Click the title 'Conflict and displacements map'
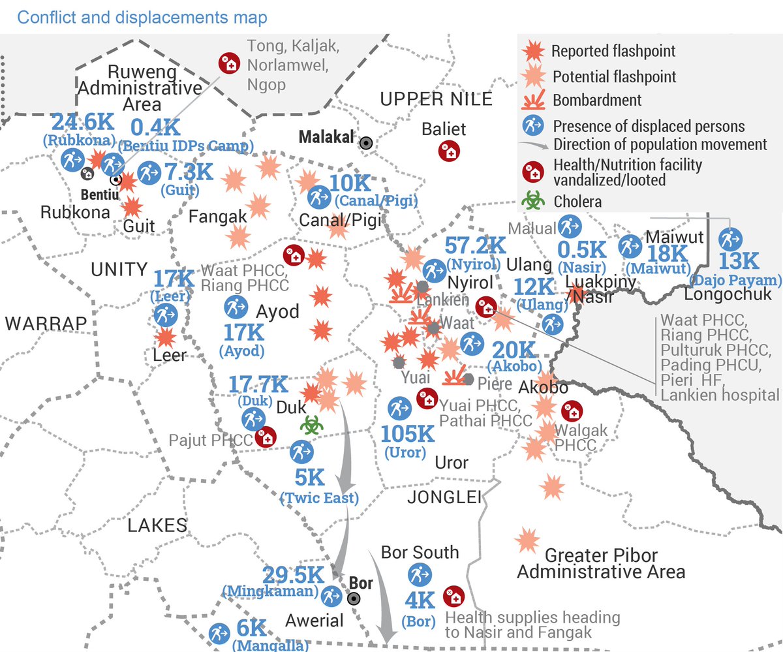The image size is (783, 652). pyautogui.click(x=142, y=17)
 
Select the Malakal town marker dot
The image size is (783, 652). pyautogui.click(x=367, y=141)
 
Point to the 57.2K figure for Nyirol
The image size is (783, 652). pyautogui.click(x=475, y=247)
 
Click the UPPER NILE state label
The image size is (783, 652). pyautogui.click(x=436, y=99)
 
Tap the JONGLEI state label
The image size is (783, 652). pyautogui.click(x=444, y=497)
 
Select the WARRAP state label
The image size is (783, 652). pyautogui.click(x=46, y=324)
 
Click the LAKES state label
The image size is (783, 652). pyautogui.click(x=157, y=525)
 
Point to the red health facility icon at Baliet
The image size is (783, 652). pyautogui.click(x=449, y=151)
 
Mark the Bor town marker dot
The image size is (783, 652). pyautogui.click(x=354, y=598)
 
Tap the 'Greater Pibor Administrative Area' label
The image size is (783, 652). pyautogui.click(x=601, y=565)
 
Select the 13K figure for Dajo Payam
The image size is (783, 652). pyautogui.click(x=739, y=262)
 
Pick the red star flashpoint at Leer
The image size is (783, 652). pyautogui.click(x=165, y=337)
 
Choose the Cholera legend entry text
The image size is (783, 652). pyautogui.click(x=577, y=202)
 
